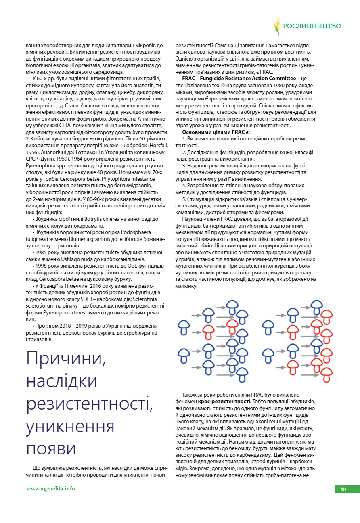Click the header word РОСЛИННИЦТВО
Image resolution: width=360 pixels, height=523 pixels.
(x=312, y=26)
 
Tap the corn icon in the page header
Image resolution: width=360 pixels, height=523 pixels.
(x=277, y=26)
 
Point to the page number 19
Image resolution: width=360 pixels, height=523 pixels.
(x=343, y=490)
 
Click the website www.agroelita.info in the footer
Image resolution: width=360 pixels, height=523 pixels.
(x=50, y=488)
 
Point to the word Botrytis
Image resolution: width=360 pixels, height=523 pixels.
(x=91, y=219)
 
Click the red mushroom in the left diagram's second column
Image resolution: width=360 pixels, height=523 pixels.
(x=208, y=331)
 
